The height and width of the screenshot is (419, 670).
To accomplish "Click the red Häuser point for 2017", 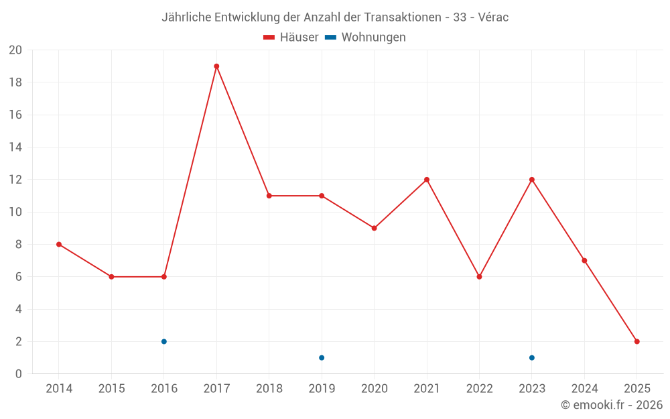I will point(216,66).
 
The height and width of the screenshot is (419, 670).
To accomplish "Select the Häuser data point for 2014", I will point(59,245).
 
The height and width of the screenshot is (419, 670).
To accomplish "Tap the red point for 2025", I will point(637,342).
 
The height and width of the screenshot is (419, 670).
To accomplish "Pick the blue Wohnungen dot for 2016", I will point(164,342).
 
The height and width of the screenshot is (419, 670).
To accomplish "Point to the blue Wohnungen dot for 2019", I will point(322,358).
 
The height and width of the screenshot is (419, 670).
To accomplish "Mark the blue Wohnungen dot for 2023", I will point(532,358).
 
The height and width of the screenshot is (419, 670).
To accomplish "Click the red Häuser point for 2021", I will point(427,180).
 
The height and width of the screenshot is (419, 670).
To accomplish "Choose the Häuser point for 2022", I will point(479,277).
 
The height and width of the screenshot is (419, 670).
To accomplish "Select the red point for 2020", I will point(374,229).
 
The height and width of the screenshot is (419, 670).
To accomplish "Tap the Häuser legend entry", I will point(291,38).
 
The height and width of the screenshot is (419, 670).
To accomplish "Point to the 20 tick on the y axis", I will point(15,50).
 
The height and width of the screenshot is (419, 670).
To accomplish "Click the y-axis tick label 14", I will point(15,147).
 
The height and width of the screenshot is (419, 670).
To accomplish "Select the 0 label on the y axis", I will point(19,374).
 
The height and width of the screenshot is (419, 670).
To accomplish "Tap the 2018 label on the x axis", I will point(269,389).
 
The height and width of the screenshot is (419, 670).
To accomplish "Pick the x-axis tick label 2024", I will point(584,389).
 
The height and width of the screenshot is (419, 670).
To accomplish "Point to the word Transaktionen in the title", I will point(402,17).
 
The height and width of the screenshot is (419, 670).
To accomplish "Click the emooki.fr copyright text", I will point(612,405).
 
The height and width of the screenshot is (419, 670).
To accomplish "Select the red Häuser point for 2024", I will point(584,261).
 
